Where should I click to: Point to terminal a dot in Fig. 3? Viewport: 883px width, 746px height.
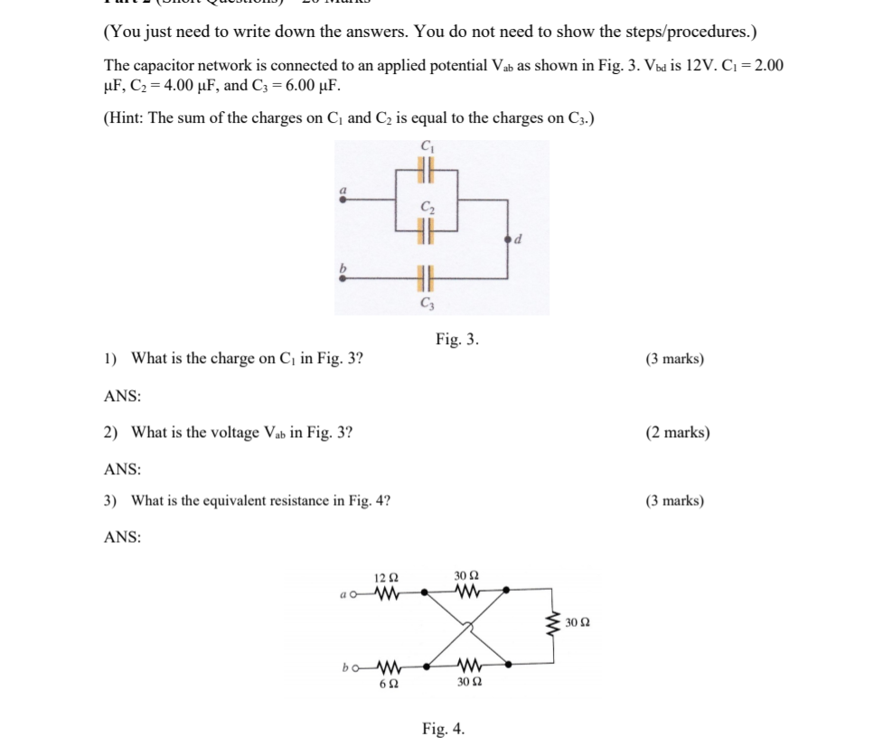point(342,200)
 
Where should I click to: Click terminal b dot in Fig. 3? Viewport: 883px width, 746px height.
point(342,278)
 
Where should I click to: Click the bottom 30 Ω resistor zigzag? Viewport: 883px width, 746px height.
point(467,666)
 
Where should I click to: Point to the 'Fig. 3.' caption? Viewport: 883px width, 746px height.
point(457,340)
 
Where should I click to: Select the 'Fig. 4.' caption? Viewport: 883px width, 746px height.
point(444,729)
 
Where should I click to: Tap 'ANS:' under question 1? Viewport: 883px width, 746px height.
point(122,396)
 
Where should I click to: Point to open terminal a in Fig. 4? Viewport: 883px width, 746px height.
point(353,593)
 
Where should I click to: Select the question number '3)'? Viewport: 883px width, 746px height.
point(112,500)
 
